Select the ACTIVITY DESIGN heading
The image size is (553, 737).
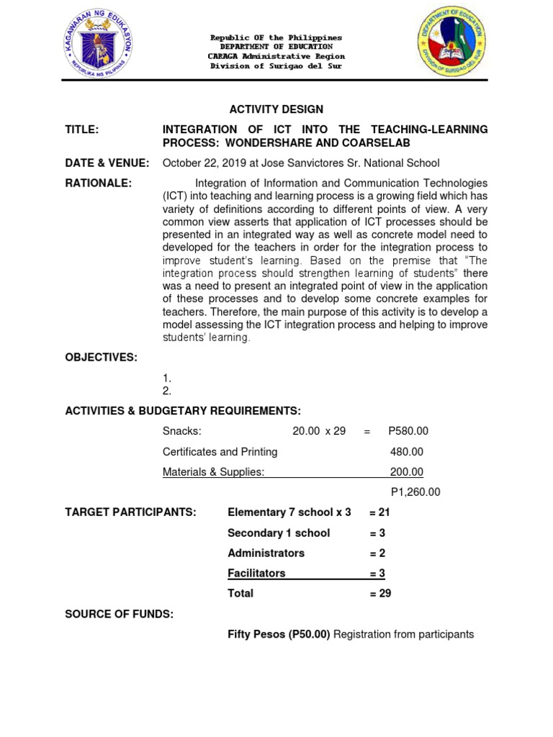click(276, 109)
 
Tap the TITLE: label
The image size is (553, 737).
click(81, 130)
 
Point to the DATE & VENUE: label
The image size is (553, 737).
click(107, 163)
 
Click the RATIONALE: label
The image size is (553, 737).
click(99, 184)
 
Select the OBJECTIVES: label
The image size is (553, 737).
click(101, 358)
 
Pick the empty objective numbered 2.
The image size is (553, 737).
click(167, 391)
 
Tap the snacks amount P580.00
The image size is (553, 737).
click(408, 431)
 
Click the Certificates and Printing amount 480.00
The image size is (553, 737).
click(406, 452)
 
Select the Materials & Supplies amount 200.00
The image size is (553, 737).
click(406, 472)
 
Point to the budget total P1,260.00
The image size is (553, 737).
click(415, 492)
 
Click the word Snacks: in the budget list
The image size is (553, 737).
click(181, 431)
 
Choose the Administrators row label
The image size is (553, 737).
click(266, 553)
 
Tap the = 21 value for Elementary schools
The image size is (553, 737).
click(380, 512)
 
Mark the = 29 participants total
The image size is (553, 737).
click(380, 594)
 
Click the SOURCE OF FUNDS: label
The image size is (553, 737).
click(119, 614)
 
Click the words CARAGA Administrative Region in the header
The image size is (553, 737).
click(276, 56)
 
